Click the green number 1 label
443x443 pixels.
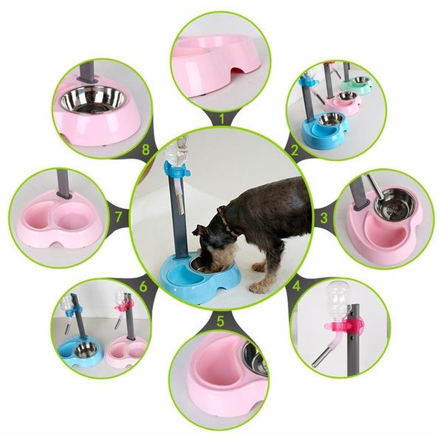[221, 119]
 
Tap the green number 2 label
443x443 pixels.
[295, 150]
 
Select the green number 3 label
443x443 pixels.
[324, 218]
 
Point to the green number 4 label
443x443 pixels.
[296, 286]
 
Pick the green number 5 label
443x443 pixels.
[220, 321]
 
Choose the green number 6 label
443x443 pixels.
[143, 286]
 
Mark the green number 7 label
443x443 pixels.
[118, 217]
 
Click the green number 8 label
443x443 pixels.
[145, 150]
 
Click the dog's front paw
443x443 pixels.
[257, 288]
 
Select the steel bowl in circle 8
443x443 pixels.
[92, 100]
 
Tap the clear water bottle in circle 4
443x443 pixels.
[337, 300]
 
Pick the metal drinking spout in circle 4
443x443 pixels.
[322, 357]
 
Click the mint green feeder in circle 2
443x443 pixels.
[356, 83]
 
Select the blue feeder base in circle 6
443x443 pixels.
[80, 352]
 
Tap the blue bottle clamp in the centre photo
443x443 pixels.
[177, 170]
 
